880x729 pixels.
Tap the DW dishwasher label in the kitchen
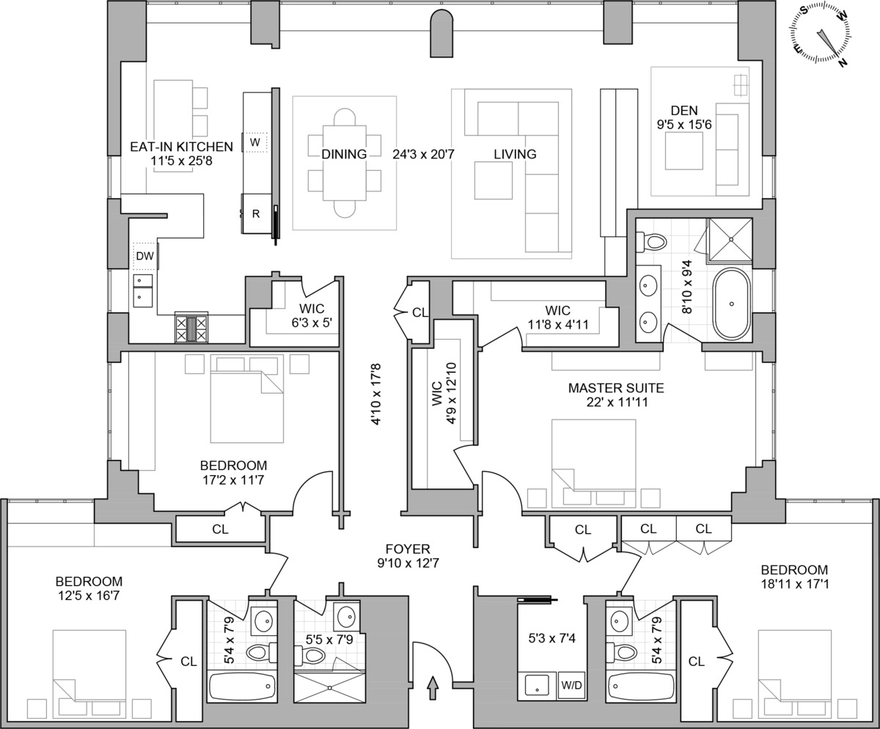144,256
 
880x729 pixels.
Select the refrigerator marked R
256,214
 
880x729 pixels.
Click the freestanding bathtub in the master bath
731,304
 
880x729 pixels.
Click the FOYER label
408,549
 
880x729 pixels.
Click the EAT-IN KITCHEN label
181,147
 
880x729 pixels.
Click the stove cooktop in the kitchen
191,327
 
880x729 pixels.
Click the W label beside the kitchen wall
255,141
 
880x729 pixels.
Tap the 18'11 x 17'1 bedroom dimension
794,585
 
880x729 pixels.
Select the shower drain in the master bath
730,239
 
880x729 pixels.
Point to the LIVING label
514,154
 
